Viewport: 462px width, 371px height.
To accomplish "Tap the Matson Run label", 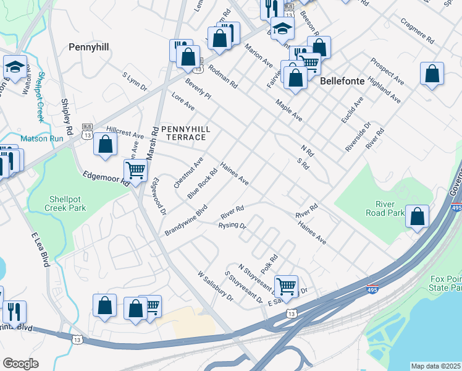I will [42, 139].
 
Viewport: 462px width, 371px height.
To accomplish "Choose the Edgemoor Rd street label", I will [106, 179].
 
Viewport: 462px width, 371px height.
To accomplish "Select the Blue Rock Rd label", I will [203, 184].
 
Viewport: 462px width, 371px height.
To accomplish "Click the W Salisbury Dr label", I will [215, 286].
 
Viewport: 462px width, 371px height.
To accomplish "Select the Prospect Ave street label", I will [387, 72].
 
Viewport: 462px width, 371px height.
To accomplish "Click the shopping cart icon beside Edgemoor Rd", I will [135, 170].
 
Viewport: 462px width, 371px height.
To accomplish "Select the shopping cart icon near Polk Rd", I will [286, 286].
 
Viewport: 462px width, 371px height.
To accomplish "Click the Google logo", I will [20, 364].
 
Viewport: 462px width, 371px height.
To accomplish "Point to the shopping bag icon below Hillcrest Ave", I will [106, 145].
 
